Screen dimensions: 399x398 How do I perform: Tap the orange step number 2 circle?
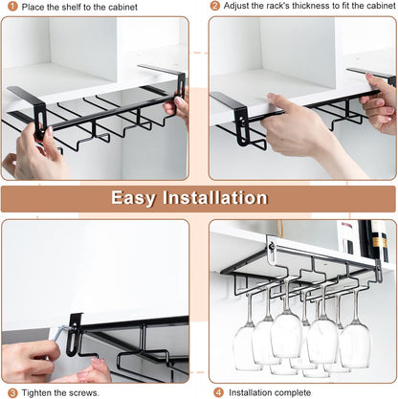215,7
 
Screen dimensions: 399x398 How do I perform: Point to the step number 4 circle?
218,391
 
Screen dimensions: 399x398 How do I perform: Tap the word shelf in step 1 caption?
77,7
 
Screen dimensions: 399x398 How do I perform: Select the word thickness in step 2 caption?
299,7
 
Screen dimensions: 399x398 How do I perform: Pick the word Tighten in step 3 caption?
35,391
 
